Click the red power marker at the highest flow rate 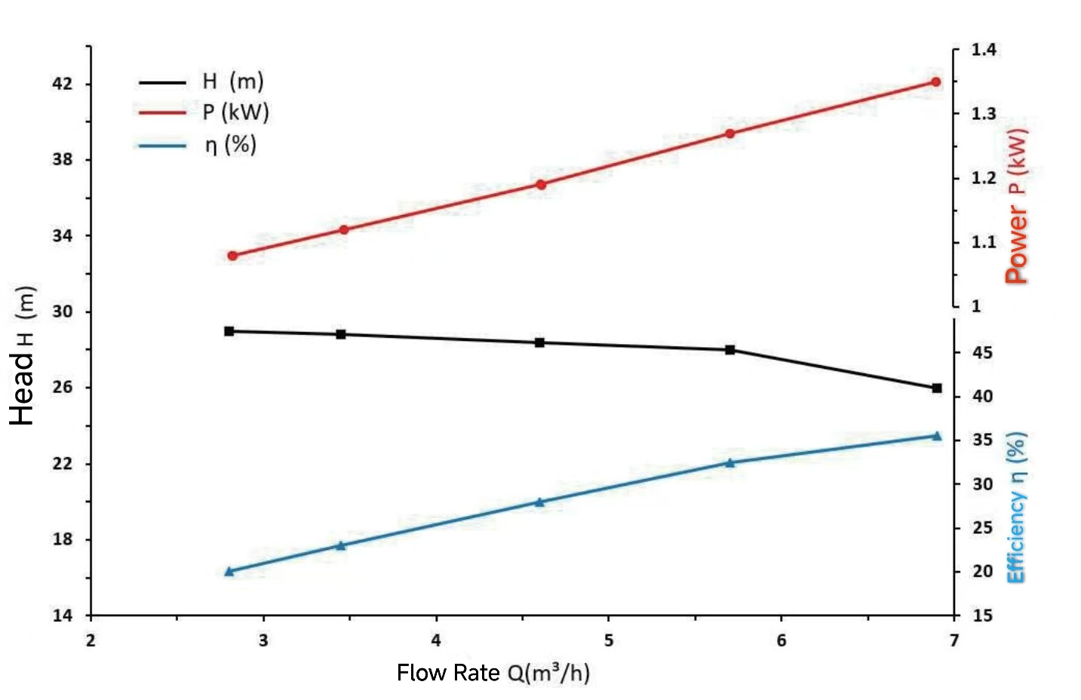tap(935, 82)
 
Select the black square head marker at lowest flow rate tap(229, 331)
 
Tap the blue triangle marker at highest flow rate tap(937, 436)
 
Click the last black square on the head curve tap(937, 388)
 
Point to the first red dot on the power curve tap(232, 256)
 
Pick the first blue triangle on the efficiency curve tap(229, 572)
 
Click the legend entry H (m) tap(232, 81)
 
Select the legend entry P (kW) tap(235, 112)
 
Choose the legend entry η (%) tap(231, 144)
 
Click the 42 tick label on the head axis tap(63, 84)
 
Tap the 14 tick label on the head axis tap(63, 616)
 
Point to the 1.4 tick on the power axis tap(984, 50)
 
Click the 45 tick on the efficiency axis tap(982, 352)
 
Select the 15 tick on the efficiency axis tap(982, 616)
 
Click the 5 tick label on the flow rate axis tap(609, 640)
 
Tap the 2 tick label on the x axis tap(91, 640)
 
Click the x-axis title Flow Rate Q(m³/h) tap(493, 672)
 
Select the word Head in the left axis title tap(23, 388)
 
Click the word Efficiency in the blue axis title tap(1017, 537)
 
